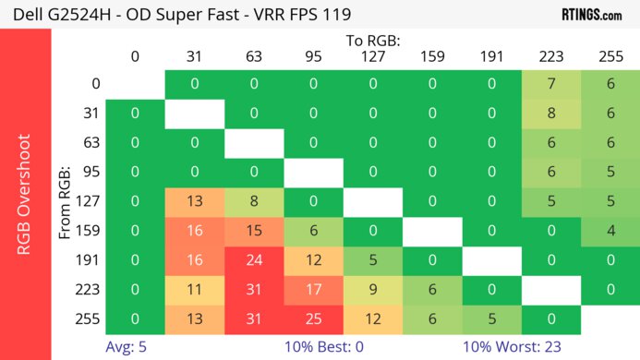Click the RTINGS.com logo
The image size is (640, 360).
[x=591, y=14]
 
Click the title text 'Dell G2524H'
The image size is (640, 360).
[x=57, y=15]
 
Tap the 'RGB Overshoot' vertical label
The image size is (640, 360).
[x=25, y=194]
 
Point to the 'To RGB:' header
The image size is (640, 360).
[x=373, y=42]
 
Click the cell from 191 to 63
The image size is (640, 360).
[x=254, y=260]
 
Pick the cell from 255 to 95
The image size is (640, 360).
[x=313, y=318]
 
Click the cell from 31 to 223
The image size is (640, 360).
[x=551, y=114]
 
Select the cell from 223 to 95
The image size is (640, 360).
[x=313, y=289]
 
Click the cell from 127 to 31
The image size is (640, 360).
[x=195, y=201]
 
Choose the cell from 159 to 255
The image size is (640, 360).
[x=610, y=231]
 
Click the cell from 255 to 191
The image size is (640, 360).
[x=492, y=318]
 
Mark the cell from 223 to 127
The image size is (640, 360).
[x=373, y=289]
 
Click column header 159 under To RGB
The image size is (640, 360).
[x=432, y=57]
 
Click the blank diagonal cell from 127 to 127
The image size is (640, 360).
[x=373, y=201]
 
